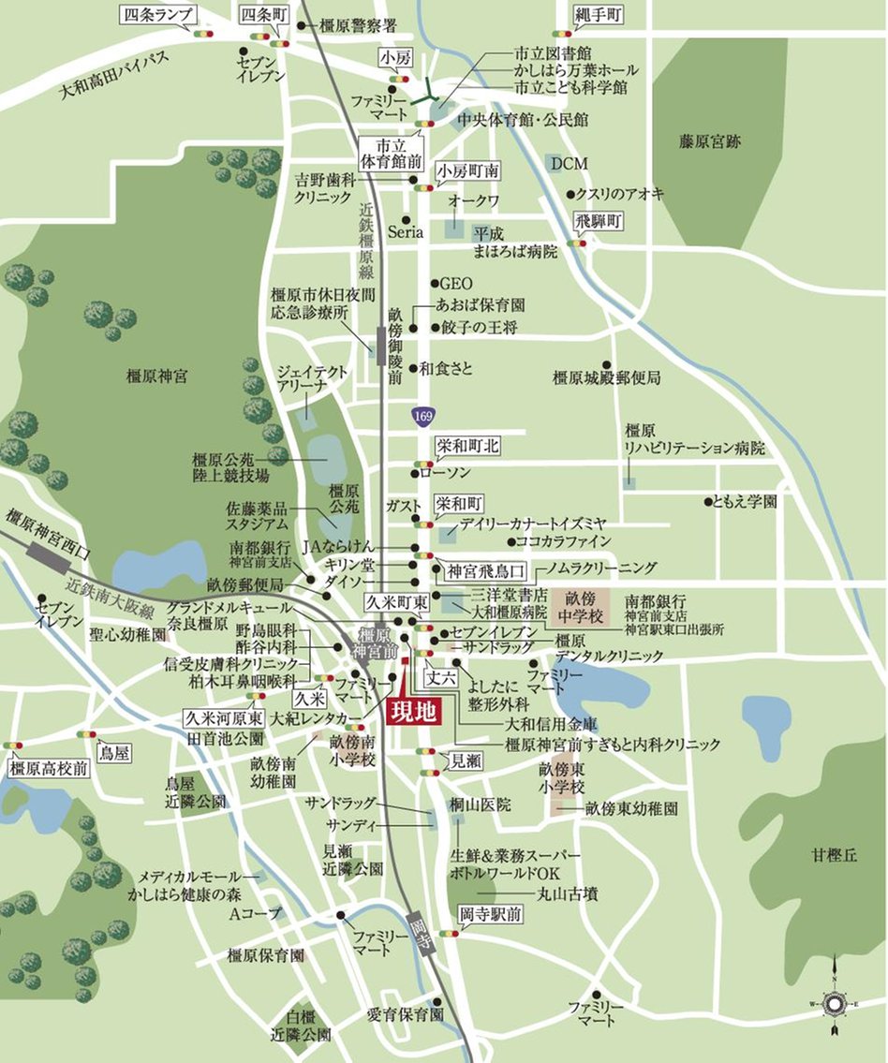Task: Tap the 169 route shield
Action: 422,413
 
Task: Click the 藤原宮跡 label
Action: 710,142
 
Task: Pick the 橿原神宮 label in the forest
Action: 156,376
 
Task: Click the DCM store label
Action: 569,164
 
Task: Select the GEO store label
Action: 456,283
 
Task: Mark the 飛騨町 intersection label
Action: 598,223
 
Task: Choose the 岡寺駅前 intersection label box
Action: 491,914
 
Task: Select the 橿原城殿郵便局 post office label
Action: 606,378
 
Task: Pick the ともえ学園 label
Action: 746,502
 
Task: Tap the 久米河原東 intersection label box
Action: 221,718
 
